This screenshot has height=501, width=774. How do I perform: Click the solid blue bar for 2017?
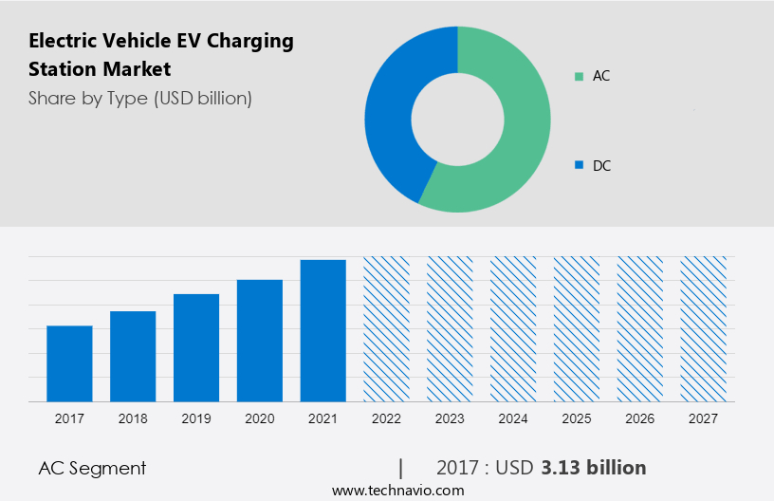point(69,363)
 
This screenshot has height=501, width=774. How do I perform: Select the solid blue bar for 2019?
point(196,347)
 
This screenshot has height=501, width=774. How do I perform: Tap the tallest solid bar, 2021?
point(323,330)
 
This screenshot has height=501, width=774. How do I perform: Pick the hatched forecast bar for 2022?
point(387,328)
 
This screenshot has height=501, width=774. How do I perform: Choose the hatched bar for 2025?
point(577,328)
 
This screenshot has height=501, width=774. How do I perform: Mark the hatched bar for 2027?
point(704,328)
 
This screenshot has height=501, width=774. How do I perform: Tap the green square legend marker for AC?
point(579,76)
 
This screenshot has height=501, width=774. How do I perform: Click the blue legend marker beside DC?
point(579,166)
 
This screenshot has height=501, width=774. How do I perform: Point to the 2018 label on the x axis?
point(133,418)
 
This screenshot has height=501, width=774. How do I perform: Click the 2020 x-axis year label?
point(260,418)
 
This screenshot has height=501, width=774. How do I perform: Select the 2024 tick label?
point(513,418)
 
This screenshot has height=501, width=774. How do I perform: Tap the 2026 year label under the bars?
point(640,418)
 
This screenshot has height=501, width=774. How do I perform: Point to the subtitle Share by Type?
point(87,98)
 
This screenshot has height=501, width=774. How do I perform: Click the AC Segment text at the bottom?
point(92,468)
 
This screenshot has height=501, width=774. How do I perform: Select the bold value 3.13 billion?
point(594,468)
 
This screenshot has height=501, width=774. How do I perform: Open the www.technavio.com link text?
point(398,491)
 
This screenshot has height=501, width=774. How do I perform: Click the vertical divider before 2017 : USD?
point(401,468)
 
